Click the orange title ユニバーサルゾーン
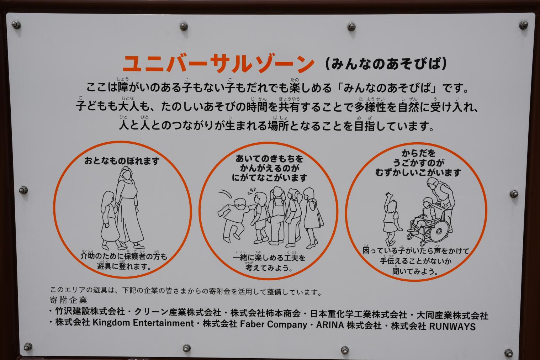coord(218,64)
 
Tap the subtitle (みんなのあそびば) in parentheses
coord(386,64)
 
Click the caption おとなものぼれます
coord(122,161)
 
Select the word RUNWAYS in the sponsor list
coord(452,327)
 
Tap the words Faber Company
coord(273,324)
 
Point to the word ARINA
coord(330,325)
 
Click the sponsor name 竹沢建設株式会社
coord(90,311)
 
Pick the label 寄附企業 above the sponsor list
coord(68,300)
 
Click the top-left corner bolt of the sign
coord(16,25)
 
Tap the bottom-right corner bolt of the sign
coord(508,353)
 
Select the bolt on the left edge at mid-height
coord(23,190)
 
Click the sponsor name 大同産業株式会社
coord(452,316)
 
